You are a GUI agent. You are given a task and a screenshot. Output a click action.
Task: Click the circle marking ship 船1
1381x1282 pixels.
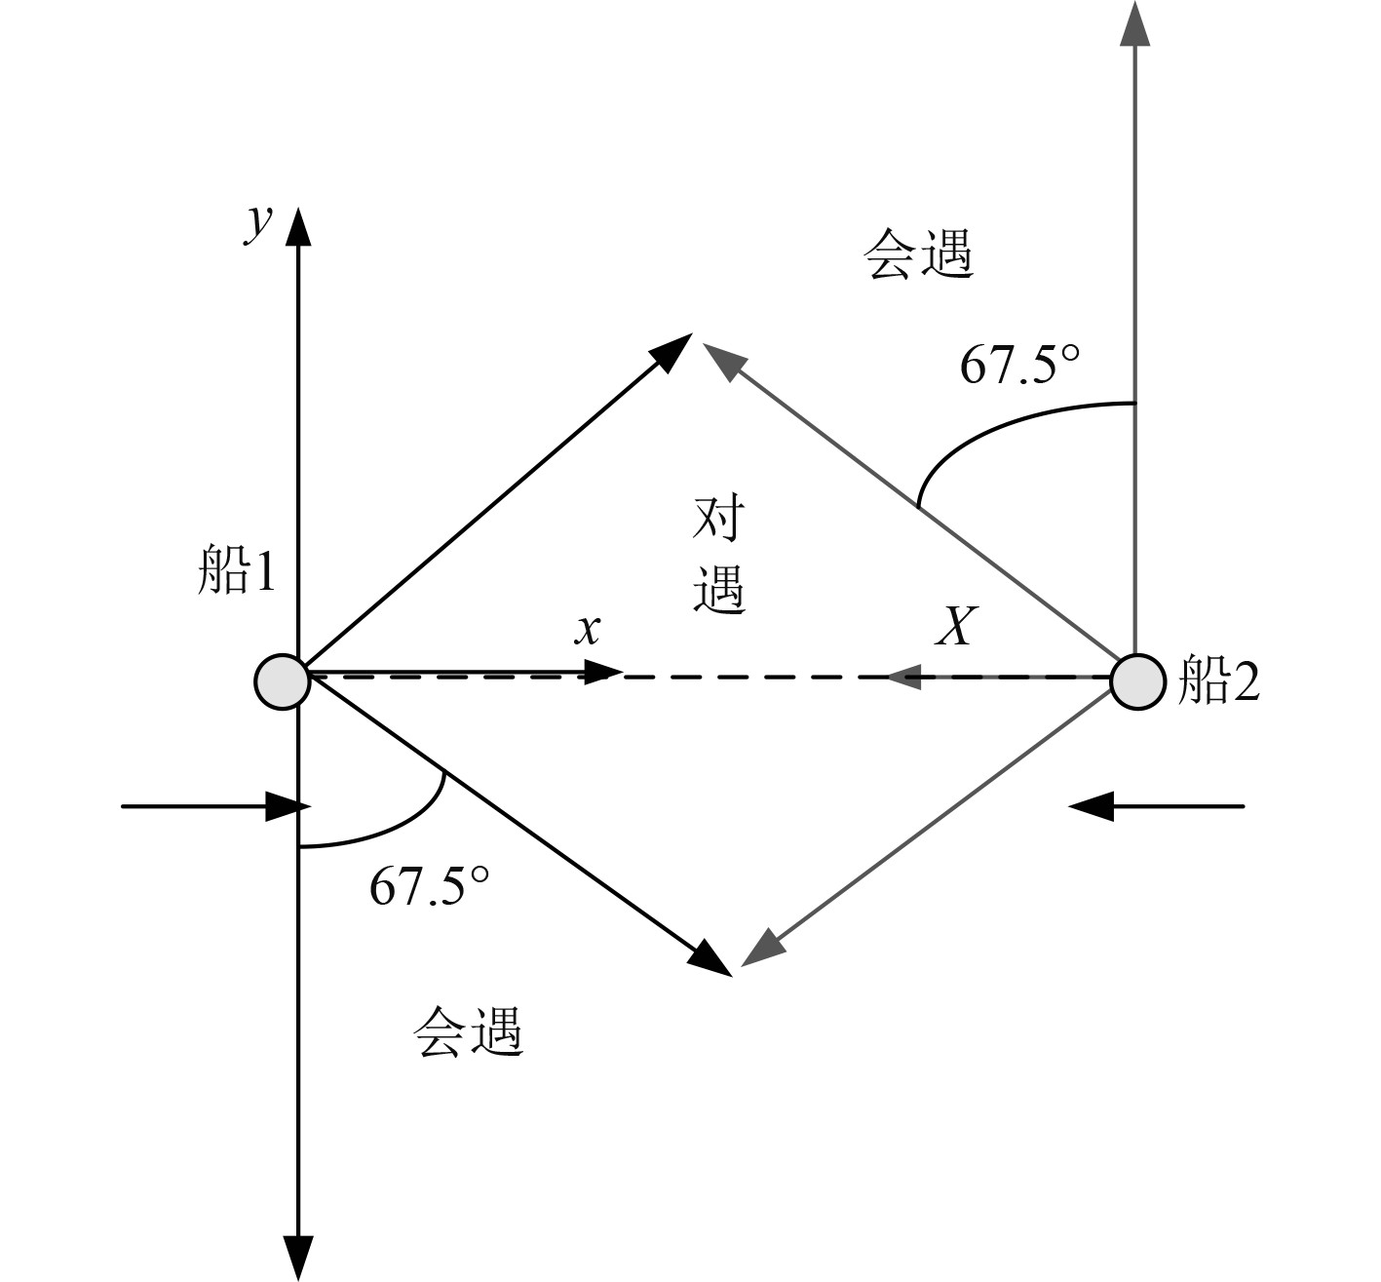[283, 680]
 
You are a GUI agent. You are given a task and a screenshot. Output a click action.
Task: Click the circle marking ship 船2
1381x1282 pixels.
[1137, 680]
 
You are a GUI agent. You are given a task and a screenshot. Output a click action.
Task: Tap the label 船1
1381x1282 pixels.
[237, 571]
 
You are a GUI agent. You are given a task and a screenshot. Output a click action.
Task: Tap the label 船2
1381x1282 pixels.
[1219, 681]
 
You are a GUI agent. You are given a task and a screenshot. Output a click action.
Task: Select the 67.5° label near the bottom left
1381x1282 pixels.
[429, 886]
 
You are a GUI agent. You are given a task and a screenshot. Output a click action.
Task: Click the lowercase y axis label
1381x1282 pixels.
[257, 224]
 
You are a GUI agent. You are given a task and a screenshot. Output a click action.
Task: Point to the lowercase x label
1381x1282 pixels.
[587, 630]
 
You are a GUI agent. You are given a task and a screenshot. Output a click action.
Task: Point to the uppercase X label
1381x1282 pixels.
[954, 627]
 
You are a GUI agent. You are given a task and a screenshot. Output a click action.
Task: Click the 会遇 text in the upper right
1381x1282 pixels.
[918, 256]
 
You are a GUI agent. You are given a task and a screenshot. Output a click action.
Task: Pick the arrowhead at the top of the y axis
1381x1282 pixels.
[298, 226]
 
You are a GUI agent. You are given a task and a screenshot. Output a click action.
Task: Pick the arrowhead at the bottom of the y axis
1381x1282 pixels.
[298, 1258]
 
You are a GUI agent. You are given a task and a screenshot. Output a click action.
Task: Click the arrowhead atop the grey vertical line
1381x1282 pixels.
[1134, 21]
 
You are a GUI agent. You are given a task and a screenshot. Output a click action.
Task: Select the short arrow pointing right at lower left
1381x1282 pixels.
[214, 806]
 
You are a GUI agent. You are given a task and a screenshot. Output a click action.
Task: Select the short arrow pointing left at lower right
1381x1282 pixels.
[1157, 806]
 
